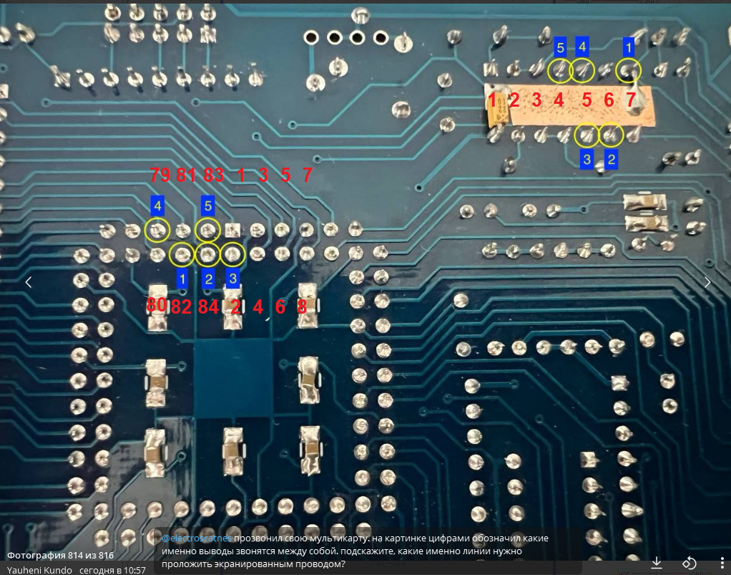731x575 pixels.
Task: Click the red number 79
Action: pos(160,175)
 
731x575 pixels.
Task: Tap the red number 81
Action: pos(186,175)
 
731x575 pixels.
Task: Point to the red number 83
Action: pos(214,175)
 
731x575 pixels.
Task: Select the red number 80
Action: pos(157,305)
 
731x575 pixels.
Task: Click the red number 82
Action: pos(182,306)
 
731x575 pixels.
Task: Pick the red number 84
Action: pos(208,306)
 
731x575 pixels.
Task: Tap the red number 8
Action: pos(302,306)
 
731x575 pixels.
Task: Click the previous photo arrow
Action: pos(29,282)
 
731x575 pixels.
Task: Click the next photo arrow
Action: pos(707,282)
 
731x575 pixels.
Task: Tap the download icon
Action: pos(657,562)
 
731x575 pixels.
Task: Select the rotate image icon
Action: pos(689,562)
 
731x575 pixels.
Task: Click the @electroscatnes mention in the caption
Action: pos(196,538)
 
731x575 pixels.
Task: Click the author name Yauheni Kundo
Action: pos(39,570)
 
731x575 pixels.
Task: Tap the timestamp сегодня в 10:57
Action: pos(112,570)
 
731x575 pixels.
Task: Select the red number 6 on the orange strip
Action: pos(609,100)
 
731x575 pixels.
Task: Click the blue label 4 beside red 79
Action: pos(158,206)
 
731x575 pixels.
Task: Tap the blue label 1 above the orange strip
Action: pos(629,47)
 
